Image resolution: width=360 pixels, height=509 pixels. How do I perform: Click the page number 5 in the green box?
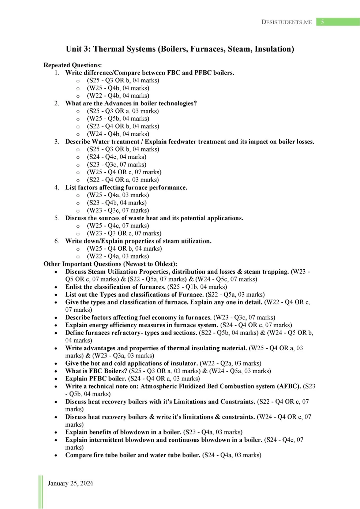pos(322,22)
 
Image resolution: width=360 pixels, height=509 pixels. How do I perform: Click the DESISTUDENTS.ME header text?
pos(286,22)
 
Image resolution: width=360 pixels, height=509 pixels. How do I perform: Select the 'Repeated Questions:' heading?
pos(72,65)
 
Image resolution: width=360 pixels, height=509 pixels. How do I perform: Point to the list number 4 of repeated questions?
pos(57,188)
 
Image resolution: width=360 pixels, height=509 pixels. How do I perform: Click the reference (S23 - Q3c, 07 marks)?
pos(116,165)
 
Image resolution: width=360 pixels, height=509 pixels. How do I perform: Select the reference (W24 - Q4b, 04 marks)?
pos(118,134)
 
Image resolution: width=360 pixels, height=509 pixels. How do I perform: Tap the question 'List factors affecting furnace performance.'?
pos(126,188)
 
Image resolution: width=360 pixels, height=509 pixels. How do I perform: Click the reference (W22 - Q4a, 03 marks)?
pos(118,256)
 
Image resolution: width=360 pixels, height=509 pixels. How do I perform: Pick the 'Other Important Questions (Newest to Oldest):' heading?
pos(110,264)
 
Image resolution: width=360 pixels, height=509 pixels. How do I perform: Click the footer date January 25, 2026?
pos(71,483)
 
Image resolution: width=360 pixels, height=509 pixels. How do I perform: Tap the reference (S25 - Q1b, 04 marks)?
pos(197,287)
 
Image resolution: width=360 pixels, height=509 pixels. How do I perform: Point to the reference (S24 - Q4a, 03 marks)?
pos(232,455)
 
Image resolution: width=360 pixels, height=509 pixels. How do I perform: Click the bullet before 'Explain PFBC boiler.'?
pos(56,379)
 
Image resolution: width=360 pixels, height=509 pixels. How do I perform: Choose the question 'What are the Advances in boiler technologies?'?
pos(131,104)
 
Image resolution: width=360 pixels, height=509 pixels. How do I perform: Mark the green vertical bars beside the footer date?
pos(41,492)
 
